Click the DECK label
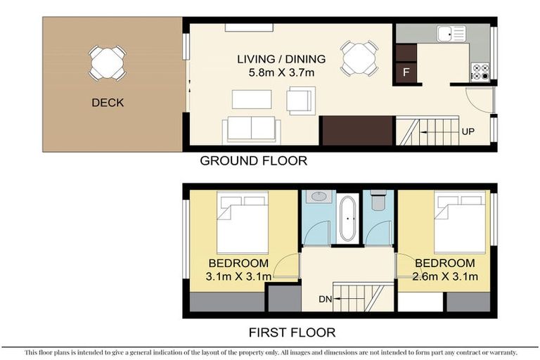(108, 103)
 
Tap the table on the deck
(108, 61)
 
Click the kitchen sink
(451, 32)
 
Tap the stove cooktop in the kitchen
(480, 72)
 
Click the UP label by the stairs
(468, 131)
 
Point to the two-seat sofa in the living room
(251, 129)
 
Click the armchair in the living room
(301, 100)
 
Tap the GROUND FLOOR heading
(253, 161)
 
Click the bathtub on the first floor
(347, 219)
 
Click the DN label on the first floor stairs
(325, 299)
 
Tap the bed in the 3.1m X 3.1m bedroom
(242, 224)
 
